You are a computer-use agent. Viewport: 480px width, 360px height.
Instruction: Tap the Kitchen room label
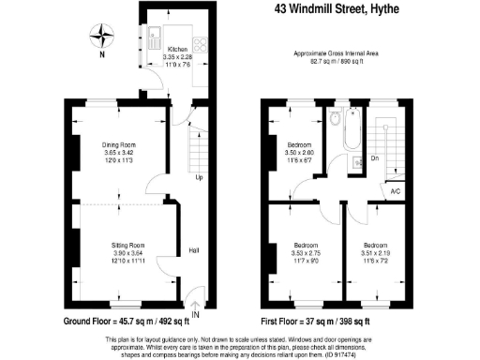tap(177, 49)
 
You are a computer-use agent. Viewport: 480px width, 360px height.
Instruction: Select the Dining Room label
tap(120, 145)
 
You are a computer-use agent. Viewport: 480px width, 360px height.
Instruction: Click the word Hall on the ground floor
tap(194, 250)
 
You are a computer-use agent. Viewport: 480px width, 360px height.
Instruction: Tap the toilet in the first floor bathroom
tap(335, 119)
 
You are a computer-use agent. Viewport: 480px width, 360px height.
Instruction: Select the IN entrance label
tap(195, 313)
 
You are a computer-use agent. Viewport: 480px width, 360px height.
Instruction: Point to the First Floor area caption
tap(330, 322)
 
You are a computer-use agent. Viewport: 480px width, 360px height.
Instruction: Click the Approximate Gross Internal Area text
tap(334, 54)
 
